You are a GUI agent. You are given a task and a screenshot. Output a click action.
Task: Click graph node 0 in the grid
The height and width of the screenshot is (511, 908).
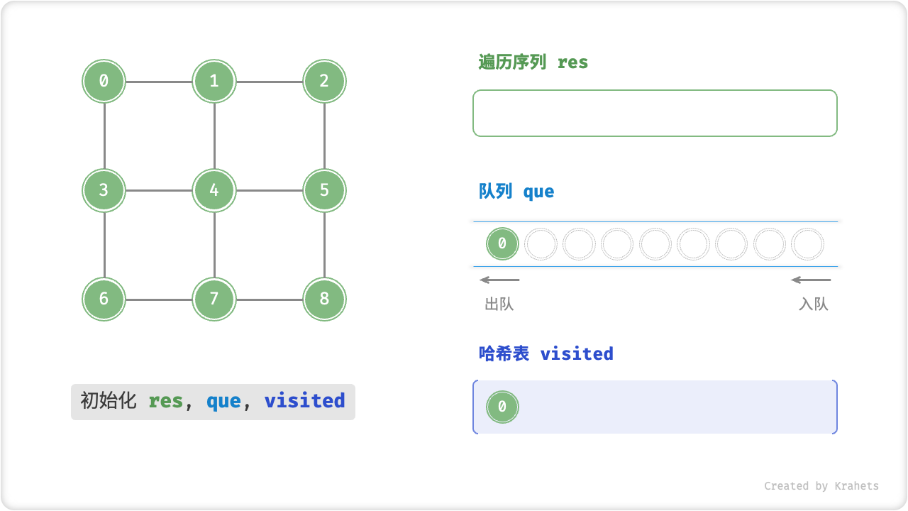pyautogui.click(x=104, y=81)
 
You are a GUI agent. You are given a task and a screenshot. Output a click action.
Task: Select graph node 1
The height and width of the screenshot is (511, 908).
pyautogui.click(x=214, y=81)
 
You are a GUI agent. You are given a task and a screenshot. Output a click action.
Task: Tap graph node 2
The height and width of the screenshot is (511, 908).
pyautogui.click(x=324, y=81)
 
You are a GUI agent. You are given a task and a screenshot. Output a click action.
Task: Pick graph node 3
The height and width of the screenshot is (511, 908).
pyautogui.click(x=104, y=190)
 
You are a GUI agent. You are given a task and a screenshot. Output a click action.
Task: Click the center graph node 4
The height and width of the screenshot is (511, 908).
pyautogui.click(x=214, y=190)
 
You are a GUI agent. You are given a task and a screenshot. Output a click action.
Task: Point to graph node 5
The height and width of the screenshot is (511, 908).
pyautogui.click(x=324, y=190)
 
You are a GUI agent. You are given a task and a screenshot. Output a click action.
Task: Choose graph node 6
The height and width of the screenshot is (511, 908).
pyautogui.click(x=104, y=299)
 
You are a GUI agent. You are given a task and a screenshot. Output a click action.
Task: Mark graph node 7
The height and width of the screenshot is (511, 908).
pyautogui.click(x=214, y=299)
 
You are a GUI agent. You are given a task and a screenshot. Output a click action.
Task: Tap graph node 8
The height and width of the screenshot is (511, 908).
pyautogui.click(x=324, y=299)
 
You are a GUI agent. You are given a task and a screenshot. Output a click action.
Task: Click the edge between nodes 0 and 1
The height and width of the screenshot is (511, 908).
pyautogui.click(x=159, y=82)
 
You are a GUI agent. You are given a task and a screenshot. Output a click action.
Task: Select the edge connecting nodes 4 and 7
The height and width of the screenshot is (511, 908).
pyautogui.click(x=214, y=245)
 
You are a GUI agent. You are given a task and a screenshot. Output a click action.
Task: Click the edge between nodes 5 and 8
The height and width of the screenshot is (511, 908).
pyautogui.click(x=324, y=245)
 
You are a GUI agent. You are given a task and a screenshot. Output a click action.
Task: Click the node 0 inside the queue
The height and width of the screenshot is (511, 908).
pyautogui.click(x=502, y=244)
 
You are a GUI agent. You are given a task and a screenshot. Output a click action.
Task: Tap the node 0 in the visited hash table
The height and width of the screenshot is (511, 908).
pyautogui.click(x=502, y=407)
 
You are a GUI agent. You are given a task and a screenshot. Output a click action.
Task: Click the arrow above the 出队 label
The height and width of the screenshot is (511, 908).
pyautogui.click(x=499, y=280)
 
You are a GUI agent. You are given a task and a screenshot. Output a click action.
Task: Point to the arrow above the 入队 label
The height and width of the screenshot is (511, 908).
pyautogui.click(x=811, y=280)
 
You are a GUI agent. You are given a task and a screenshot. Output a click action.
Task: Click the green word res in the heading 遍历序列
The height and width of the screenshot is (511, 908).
pyautogui.click(x=572, y=62)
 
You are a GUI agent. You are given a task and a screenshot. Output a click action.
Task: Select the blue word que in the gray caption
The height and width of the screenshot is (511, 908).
pyautogui.click(x=223, y=402)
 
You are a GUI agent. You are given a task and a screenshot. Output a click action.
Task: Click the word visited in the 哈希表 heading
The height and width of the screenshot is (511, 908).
pyautogui.click(x=577, y=353)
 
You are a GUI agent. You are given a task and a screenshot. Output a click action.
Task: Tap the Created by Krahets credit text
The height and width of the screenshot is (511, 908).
pyautogui.click(x=821, y=486)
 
